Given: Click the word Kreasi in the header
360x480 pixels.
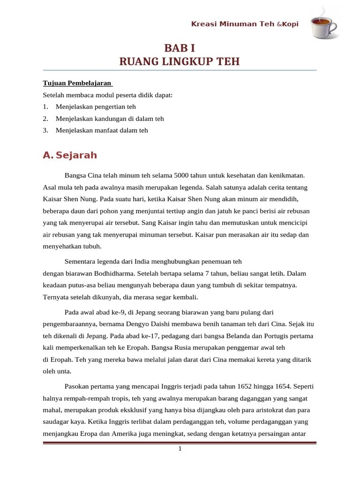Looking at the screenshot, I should [x=202, y=24].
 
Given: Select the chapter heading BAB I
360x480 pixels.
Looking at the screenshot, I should [x=179, y=47].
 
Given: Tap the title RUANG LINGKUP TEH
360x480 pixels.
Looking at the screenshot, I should [x=179, y=61].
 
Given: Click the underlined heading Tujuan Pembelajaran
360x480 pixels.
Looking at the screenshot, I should [x=77, y=83].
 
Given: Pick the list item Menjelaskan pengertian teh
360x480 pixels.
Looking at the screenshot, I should [x=95, y=107].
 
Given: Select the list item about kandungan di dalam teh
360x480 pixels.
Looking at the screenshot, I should [x=110, y=119].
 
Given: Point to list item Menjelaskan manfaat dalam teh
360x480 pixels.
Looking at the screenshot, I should [x=101, y=130].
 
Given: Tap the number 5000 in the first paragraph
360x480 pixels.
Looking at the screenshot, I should [x=181, y=175].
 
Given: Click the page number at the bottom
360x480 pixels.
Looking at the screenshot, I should [x=180, y=449].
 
